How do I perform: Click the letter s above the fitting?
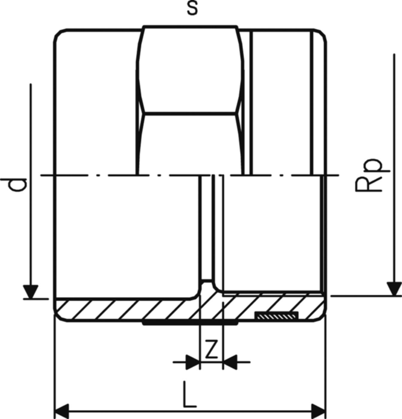point(192,9)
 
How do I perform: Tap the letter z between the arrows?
point(211,350)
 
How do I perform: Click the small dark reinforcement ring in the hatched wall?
point(276,315)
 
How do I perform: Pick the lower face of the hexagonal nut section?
point(190,144)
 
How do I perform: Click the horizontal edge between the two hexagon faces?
point(190,113)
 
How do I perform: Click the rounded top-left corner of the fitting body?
point(59,34)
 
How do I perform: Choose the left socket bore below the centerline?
point(126,236)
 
